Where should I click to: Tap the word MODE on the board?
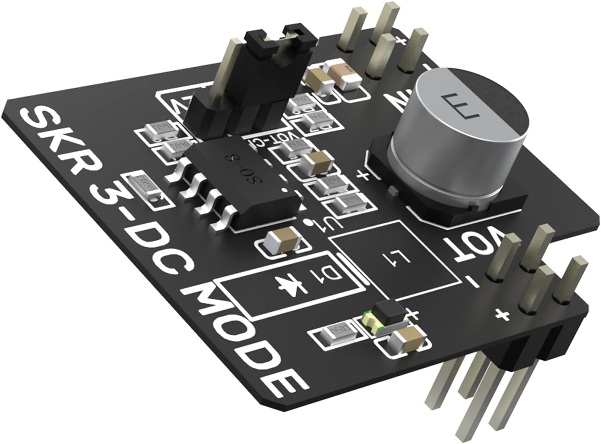coord(245,340)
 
